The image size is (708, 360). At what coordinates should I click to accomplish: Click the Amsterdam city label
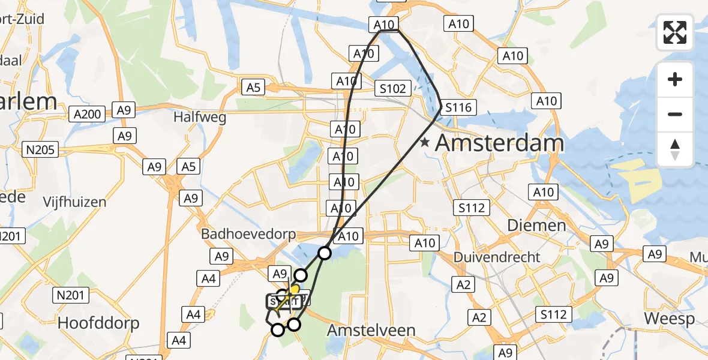coord(499,143)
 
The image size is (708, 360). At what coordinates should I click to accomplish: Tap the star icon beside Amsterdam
coord(425,143)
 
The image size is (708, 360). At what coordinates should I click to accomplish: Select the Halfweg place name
coord(200,117)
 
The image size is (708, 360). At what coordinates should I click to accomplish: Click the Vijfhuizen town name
coord(74,202)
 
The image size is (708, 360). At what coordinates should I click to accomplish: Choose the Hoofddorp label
coord(98,323)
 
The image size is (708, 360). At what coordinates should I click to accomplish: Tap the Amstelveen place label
coord(371,331)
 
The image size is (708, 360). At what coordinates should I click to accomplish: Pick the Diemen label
coord(528,226)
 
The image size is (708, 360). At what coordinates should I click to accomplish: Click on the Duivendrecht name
coord(497,257)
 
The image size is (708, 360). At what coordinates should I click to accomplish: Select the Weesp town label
coord(669,318)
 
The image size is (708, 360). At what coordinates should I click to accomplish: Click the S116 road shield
coord(458,108)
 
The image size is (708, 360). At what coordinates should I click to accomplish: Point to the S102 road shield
coord(392,89)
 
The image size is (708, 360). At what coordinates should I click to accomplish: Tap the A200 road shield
coord(88,113)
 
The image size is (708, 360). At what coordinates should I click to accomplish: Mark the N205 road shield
coord(42,148)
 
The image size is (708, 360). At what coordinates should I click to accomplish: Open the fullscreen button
coord(675,32)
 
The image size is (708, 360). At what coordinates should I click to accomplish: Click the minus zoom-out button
coord(675,114)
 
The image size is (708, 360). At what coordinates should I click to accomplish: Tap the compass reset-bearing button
coord(675,149)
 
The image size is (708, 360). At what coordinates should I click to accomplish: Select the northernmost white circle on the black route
coord(325,253)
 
